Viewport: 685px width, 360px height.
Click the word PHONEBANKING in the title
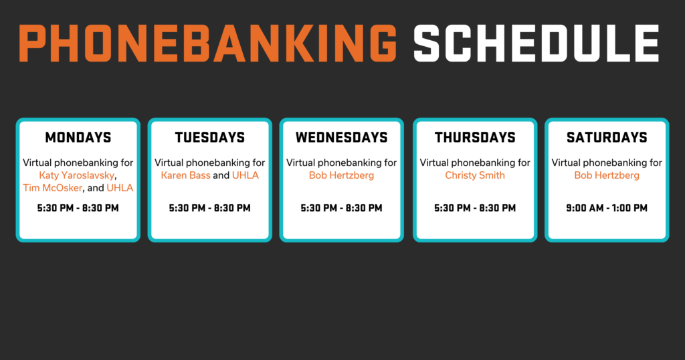click(208, 43)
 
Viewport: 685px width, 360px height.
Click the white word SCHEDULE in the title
click(536, 43)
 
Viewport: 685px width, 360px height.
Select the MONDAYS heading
click(78, 138)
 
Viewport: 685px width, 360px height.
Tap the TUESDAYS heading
click(209, 138)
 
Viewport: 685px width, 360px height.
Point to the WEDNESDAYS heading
click(342, 138)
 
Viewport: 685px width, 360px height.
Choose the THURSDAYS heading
click(475, 138)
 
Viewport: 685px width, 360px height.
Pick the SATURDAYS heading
click(607, 138)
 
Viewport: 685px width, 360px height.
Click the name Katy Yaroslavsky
click(77, 175)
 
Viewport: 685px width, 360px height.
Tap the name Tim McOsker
click(52, 188)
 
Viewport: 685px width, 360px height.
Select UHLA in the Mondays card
click(120, 188)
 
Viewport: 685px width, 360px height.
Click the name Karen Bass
click(186, 175)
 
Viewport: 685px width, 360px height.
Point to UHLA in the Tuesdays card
click(245, 175)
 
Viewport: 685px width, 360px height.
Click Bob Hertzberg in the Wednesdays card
click(342, 175)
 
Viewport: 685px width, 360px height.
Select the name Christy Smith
click(475, 175)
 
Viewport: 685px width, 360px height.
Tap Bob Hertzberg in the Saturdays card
click(607, 175)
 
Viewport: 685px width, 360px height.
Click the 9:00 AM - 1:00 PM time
click(607, 208)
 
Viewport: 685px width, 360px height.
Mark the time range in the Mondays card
click(78, 208)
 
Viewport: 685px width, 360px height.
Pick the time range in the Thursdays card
click(475, 208)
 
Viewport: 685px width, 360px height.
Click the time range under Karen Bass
click(209, 208)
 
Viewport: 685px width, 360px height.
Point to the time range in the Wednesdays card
click(342, 208)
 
